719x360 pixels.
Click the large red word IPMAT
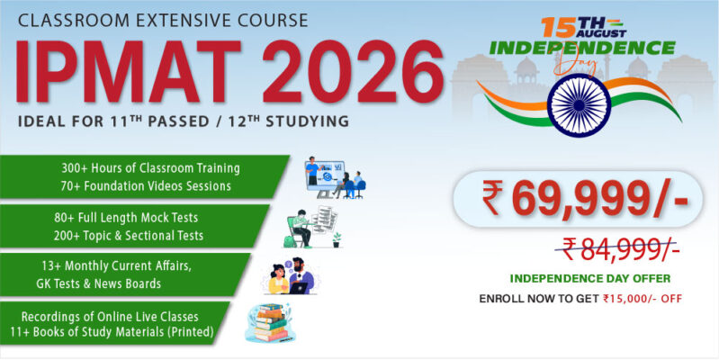click(129, 71)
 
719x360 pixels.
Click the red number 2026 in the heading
click(353, 71)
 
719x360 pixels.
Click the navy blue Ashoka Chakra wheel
click(580, 105)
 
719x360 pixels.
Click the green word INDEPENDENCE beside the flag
click(582, 48)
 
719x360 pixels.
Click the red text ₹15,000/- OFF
click(643, 299)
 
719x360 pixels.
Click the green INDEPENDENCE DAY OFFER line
click(590, 278)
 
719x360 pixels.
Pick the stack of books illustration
click(271, 322)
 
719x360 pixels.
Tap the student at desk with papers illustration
click(313, 227)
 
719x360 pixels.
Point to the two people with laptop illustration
click(292, 276)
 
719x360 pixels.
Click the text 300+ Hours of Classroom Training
click(151, 168)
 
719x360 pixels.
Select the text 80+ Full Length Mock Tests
click(126, 217)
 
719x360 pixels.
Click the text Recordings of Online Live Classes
click(110, 317)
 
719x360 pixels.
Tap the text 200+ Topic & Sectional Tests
click(129, 236)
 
